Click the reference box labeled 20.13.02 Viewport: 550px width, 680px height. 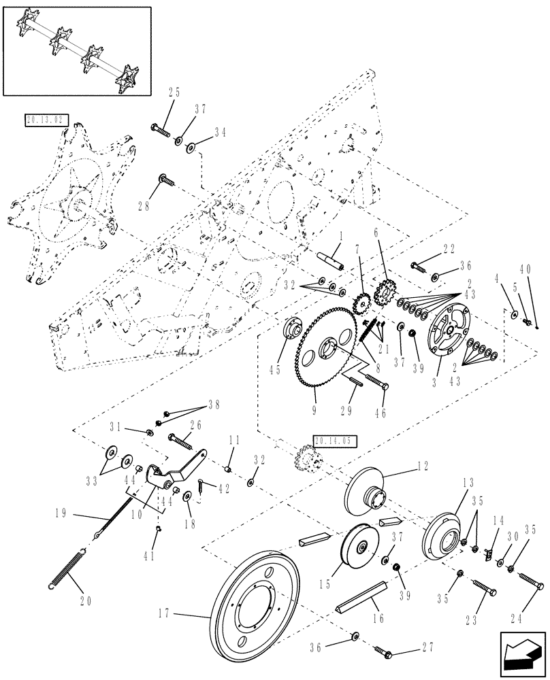point(47,120)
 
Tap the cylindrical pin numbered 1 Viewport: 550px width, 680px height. point(329,260)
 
